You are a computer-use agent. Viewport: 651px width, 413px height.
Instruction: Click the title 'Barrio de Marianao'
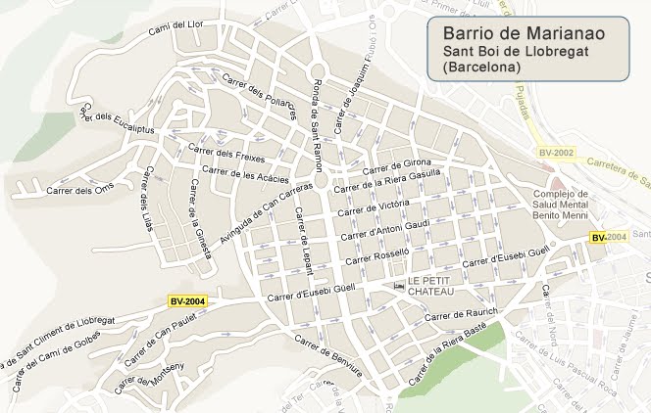(x=524, y=33)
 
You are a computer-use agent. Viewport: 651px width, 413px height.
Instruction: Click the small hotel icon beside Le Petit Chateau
(x=398, y=286)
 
